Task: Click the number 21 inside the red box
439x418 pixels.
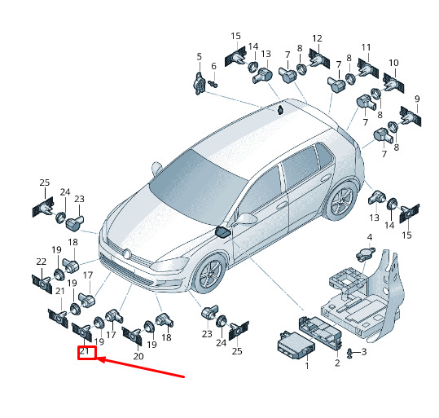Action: [x=85, y=351]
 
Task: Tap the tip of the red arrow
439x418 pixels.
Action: [x=97, y=359]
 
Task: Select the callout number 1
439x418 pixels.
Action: [x=307, y=366]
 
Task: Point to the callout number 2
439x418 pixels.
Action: [x=337, y=363]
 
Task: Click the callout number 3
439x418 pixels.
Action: [x=364, y=351]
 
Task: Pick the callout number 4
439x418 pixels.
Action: [x=370, y=237]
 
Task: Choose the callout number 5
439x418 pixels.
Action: [x=199, y=56]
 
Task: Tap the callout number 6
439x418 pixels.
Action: [x=214, y=66]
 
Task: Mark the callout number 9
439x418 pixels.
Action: [x=417, y=99]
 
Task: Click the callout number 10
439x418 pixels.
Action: [x=393, y=63]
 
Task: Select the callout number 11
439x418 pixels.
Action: [x=366, y=47]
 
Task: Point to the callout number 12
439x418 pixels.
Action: [x=317, y=38]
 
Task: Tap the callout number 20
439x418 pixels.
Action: [x=138, y=356]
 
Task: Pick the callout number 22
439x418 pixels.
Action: [x=42, y=262]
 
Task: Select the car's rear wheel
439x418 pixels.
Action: [x=341, y=201]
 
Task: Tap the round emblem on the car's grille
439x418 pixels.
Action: [x=127, y=254]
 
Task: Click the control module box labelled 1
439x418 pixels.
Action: [x=296, y=345]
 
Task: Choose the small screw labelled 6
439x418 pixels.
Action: [x=213, y=83]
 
